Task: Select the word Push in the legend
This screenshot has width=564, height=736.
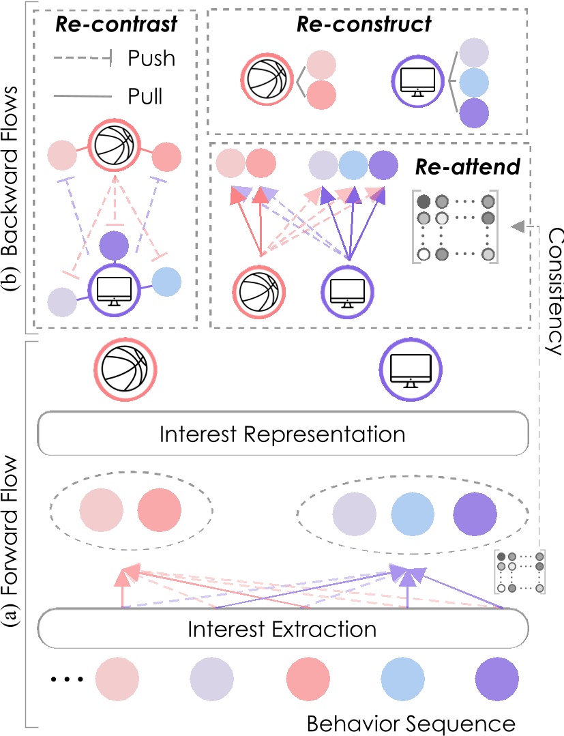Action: pos(151,59)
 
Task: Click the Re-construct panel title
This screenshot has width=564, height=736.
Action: pos(363,25)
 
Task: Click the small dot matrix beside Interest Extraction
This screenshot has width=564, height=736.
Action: pos(521,572)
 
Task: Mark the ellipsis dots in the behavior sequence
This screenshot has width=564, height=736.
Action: pos(67,679)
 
